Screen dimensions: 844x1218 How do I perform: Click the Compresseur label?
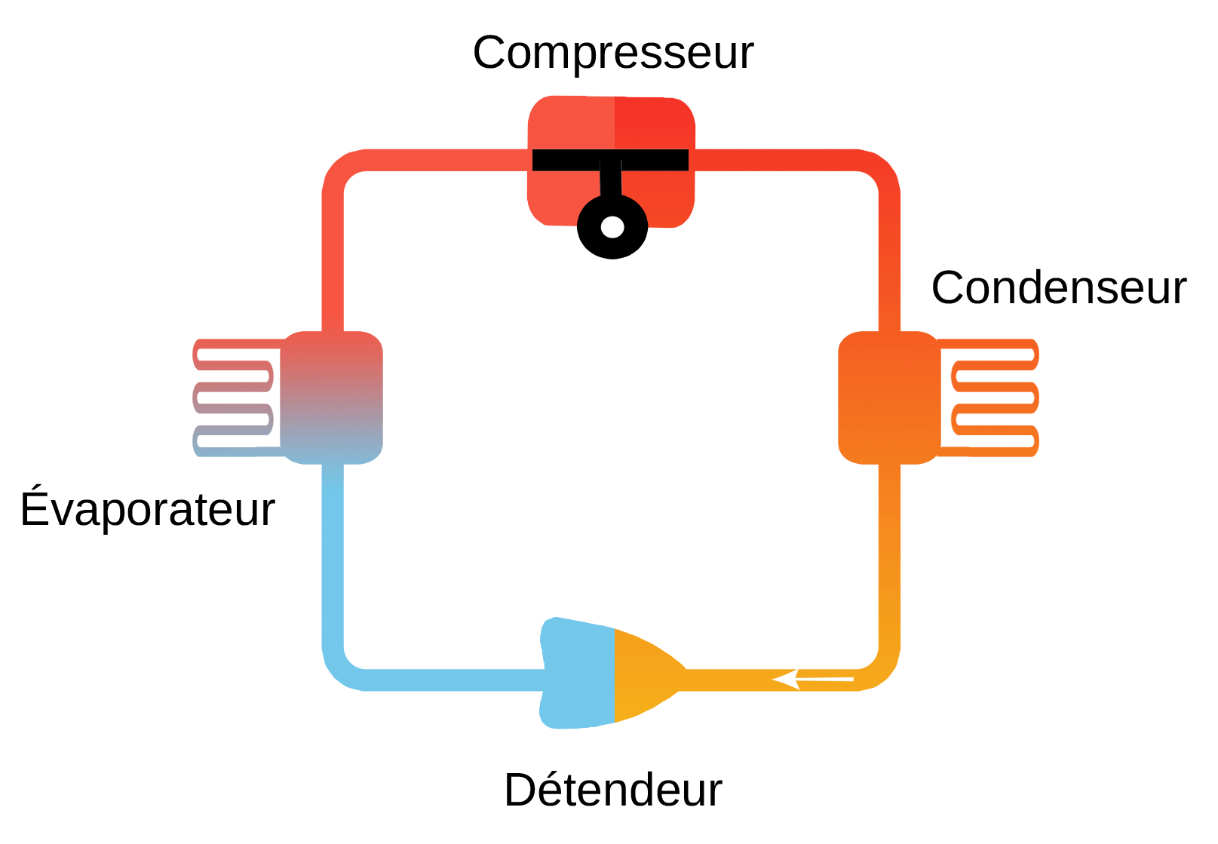(x=612, y=53)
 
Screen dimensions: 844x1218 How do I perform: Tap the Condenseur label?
(x=1058, y=287)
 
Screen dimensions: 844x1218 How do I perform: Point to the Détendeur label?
(x=612, y=790)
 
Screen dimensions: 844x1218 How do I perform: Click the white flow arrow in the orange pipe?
(x=811, y=680)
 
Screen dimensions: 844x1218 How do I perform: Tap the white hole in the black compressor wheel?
(x=612, y=226)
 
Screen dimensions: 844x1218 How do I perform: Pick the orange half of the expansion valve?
(x=645, y=674)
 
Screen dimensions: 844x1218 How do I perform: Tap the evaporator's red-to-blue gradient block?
(x=333, y=397)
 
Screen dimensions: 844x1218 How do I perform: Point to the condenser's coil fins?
(x=992, y=397)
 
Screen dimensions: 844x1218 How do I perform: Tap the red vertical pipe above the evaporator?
(x=333, y=256)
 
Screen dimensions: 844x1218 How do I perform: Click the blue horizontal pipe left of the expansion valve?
(x=453, y=680)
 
